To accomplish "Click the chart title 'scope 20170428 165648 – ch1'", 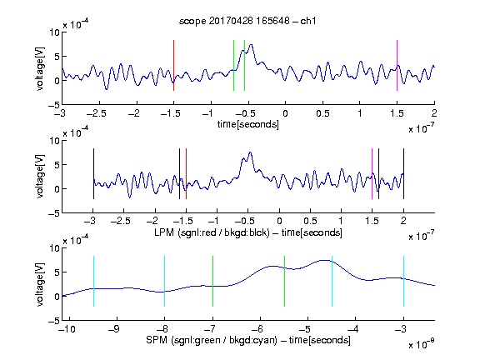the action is point(247,21).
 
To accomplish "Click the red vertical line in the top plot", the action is point(173,65).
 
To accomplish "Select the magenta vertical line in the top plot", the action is point(397,65).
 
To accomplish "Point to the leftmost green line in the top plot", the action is point(233,65).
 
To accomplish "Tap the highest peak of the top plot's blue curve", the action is point(252,45).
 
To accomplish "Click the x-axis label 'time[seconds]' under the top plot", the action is point(248,124).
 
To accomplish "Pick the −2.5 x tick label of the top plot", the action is point(96,113).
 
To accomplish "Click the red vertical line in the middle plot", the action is point(186,173).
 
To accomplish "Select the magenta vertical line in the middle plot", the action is point(372,173).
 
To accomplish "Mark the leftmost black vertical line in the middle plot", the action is point(93,173).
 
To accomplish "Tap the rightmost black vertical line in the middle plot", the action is point(403,173).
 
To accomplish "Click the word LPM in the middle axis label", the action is point(164,232).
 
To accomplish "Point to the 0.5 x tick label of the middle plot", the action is point(310,221).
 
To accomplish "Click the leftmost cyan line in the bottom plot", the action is point(93,281).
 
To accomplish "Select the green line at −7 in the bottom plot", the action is point(212,281).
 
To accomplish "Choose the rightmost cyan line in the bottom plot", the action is point(403,281).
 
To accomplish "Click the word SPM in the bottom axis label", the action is point(157,340).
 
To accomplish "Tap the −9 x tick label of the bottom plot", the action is point(114,329).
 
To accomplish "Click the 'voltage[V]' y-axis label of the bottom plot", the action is point(40,284).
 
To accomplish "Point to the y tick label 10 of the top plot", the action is point(55,32).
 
